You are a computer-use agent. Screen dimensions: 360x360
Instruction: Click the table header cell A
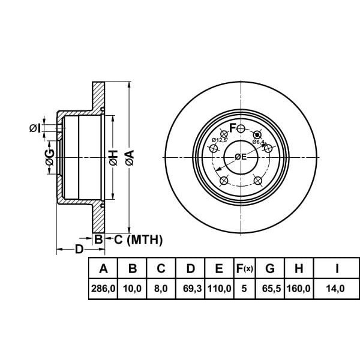103,268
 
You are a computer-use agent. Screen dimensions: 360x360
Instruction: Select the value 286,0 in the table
103,289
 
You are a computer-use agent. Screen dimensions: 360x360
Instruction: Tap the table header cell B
132,268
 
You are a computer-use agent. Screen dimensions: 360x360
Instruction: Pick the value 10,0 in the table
132,289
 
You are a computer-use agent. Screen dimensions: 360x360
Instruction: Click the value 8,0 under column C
161,289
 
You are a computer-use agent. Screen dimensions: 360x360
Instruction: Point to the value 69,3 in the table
190,289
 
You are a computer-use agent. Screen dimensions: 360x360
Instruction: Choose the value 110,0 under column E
219,289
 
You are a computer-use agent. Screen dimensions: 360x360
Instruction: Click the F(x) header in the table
244,268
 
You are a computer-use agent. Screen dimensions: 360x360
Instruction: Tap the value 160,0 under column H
299,289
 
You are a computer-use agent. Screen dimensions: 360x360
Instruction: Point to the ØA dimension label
130,158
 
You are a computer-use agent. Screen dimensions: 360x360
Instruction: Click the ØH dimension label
113,158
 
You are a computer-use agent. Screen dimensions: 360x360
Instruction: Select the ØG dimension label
50,158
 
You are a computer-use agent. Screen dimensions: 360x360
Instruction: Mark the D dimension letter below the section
79,248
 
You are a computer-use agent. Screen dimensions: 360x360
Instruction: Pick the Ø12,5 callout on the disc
218,140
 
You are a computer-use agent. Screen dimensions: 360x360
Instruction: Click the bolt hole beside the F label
241,129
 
